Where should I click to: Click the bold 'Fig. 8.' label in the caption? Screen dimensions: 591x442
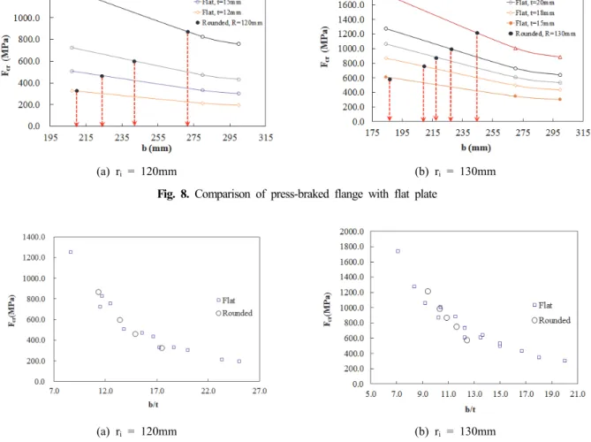[173, 194]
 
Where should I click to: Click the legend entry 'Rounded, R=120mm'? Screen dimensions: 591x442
[229, 23]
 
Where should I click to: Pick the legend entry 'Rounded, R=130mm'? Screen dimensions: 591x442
[542, 34]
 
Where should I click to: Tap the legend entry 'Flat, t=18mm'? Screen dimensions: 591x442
[531, 13]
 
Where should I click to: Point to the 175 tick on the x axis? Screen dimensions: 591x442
[373, 133]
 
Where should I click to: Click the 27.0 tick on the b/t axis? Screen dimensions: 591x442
[260, 391]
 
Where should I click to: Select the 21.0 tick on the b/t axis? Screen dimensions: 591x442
[578, 394]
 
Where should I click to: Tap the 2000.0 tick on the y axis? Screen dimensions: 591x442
[352, 232]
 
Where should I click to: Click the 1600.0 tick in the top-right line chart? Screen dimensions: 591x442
[352, 4]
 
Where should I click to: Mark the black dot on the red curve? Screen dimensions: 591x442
[477, 34]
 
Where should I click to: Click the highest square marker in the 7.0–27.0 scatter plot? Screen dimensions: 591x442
[71, 252]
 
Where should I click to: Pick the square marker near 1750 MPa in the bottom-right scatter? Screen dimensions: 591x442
[398, 251]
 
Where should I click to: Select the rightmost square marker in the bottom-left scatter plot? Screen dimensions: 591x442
[239, 362]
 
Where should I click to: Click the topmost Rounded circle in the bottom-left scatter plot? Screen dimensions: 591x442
[98, 292]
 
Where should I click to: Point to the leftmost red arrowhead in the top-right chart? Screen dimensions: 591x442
[390, 118]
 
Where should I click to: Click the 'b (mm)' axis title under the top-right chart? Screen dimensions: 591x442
[476, 148]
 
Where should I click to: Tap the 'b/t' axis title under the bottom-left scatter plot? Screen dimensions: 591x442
[154, 405]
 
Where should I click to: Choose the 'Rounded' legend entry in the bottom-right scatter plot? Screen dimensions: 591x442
[551, 320]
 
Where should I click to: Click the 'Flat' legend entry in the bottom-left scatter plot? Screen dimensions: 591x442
[226, 301]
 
